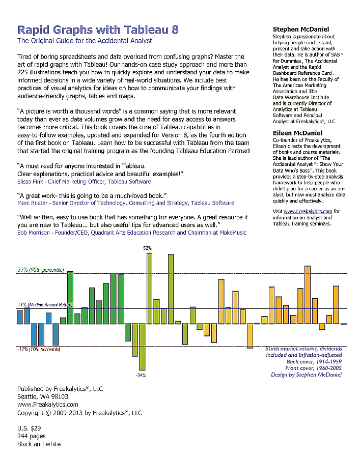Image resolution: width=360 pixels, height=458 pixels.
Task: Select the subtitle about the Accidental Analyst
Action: point(85,41)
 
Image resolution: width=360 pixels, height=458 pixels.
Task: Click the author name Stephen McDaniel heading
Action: point(301,30)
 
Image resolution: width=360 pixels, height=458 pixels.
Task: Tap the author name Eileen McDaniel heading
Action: point(297,133)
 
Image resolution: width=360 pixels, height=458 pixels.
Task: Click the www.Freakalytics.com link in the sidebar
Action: point(308,211)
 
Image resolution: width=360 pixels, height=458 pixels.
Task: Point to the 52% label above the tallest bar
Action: point(148,248)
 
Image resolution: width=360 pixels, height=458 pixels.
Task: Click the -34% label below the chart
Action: point(141,375)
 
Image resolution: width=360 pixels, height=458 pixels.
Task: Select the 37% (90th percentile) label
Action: point(41,270)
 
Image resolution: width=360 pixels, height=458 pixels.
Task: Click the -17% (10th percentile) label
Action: point(39,350)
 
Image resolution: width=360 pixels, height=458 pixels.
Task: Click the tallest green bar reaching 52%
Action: point(150,288)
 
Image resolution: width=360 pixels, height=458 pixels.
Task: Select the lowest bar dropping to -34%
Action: point(142,347)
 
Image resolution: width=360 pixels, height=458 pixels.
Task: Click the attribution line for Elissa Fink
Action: point(84,182)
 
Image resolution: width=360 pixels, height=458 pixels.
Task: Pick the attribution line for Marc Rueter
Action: point(126,203)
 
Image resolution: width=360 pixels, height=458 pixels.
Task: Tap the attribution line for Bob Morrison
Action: point(132,233)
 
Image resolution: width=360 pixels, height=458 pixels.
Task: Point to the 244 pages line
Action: point(32,436)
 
